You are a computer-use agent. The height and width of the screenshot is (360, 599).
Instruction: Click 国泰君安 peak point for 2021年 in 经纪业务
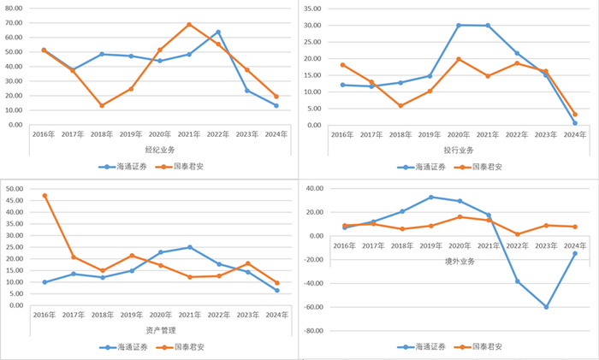(189, 25)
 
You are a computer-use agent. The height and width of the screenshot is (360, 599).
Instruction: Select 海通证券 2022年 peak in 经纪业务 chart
(218, 32)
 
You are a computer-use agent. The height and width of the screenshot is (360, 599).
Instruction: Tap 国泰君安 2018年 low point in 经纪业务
(102, 105)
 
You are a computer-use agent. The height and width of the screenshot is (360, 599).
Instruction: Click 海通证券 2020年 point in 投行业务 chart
(459, 26)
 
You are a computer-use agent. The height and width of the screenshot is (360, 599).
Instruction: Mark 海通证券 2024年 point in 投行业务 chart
(575, 123)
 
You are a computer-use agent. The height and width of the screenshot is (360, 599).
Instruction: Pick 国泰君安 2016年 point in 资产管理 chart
(44, 196)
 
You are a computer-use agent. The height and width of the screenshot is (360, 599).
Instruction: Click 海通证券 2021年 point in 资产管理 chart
(189, 247)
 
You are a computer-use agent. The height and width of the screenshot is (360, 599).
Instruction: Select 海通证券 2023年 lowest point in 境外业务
(546, 307)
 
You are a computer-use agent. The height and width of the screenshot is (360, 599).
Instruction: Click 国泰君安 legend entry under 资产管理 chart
(183, 347)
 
